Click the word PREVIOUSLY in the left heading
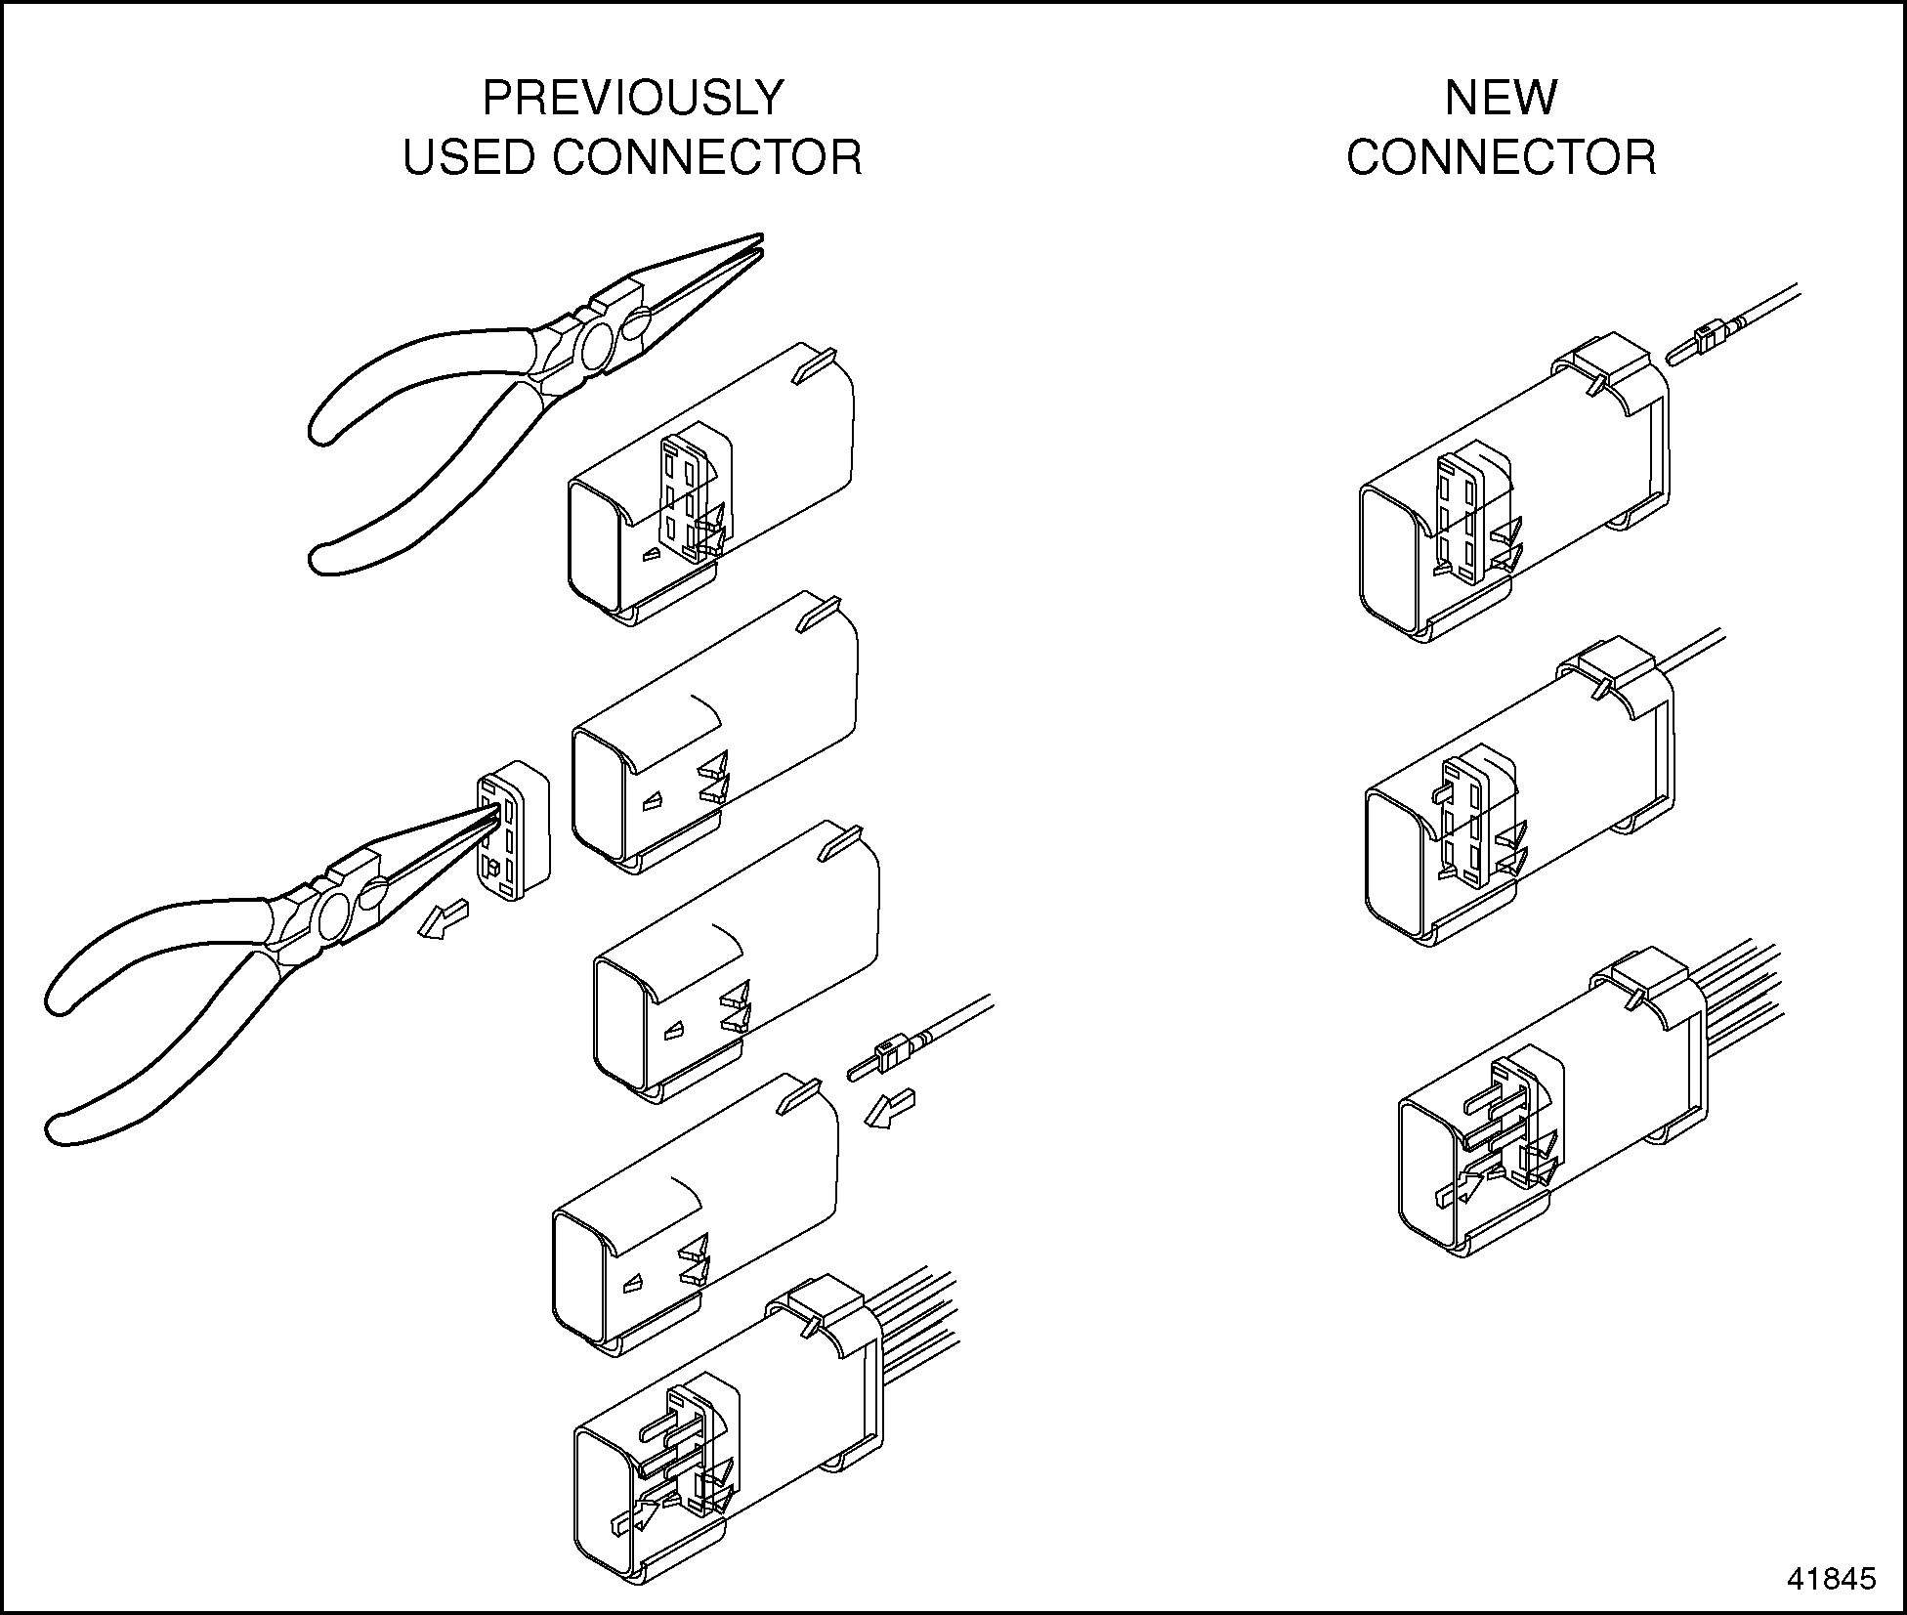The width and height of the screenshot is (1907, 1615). (x=633, y=98)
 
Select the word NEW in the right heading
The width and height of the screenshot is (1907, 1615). (x=1501, y=98)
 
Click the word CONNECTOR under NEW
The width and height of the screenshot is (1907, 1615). (x=1501, y=157)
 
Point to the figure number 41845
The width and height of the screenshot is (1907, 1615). (x=1832, y=1579)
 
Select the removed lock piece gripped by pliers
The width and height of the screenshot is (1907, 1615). (x=514, y=829)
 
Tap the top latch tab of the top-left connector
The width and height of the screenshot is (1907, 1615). (x=813, y=366)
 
